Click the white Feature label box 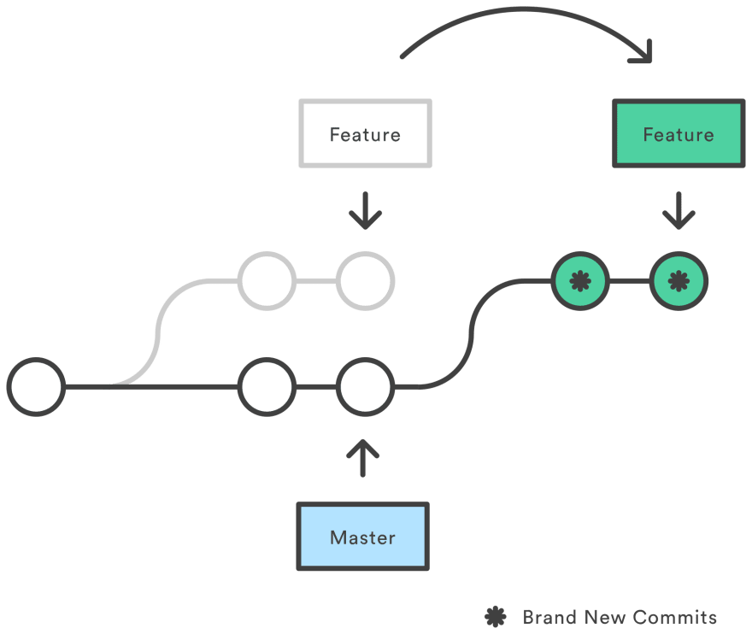pyautogui.click(x=365, y=133)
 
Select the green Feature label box pyautogui.click(x=679, y=133)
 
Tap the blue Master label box pyautogui.click(x=362, y=537)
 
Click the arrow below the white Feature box pyautogui.click(x=365, y=210)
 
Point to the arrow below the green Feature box pyautogui.click(x=679, y=210)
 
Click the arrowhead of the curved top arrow pyautogui.click(x=643, y=56)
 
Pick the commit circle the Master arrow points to pyautogui.click(x=365, y=387)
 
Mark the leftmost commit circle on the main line pyautogui.click(x=36, y=387)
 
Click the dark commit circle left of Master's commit pyautogui.click(x=267, y=387)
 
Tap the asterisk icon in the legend pyautogui.click(x=495, y=617)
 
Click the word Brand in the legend pyautogui.click(x=549, y=617)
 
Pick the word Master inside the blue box pyautogui.click(x=362, y=537)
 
